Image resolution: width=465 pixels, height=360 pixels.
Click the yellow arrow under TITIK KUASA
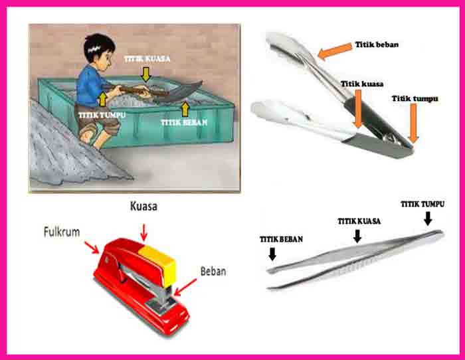coord(145,74)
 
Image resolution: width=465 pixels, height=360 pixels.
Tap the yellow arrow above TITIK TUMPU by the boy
coord(102,99)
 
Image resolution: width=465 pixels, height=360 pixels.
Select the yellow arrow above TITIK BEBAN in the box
coord(185,109)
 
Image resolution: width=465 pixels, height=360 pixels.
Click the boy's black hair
coord(99,46)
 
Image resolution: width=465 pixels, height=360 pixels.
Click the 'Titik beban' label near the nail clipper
coord(377,45)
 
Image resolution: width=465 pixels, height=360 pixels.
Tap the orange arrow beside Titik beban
coord(335,51)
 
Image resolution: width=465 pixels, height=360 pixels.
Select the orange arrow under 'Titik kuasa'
coord(358,108)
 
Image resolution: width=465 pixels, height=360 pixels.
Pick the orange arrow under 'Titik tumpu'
coord(413,123)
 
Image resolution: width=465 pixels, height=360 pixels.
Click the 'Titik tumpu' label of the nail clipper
coord(415,98)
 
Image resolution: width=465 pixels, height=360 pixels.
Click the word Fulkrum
coord(62,232)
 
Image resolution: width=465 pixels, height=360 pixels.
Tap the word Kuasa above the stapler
coord(143,207)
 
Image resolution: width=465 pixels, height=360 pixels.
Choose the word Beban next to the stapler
coord(213,272)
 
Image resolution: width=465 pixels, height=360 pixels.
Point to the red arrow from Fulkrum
coord(92,248)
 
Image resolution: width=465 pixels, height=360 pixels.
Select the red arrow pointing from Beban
coord(185,287)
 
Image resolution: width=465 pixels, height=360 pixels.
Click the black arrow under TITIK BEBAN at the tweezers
coord(272,254)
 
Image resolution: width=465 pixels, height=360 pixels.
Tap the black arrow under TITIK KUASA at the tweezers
coord(357,236)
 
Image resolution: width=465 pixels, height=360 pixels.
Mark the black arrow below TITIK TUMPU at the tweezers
coord(428,219)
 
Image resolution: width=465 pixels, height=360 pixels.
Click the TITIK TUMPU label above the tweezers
coord(422,205)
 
